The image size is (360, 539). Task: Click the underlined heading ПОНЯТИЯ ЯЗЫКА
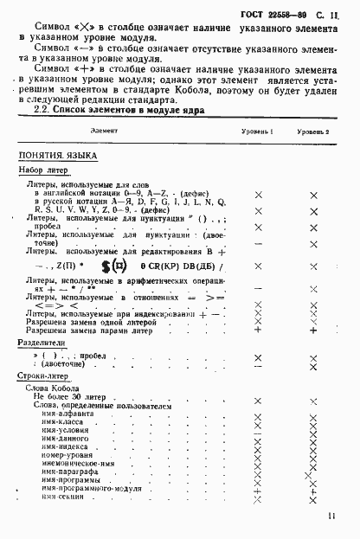[58, 155]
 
